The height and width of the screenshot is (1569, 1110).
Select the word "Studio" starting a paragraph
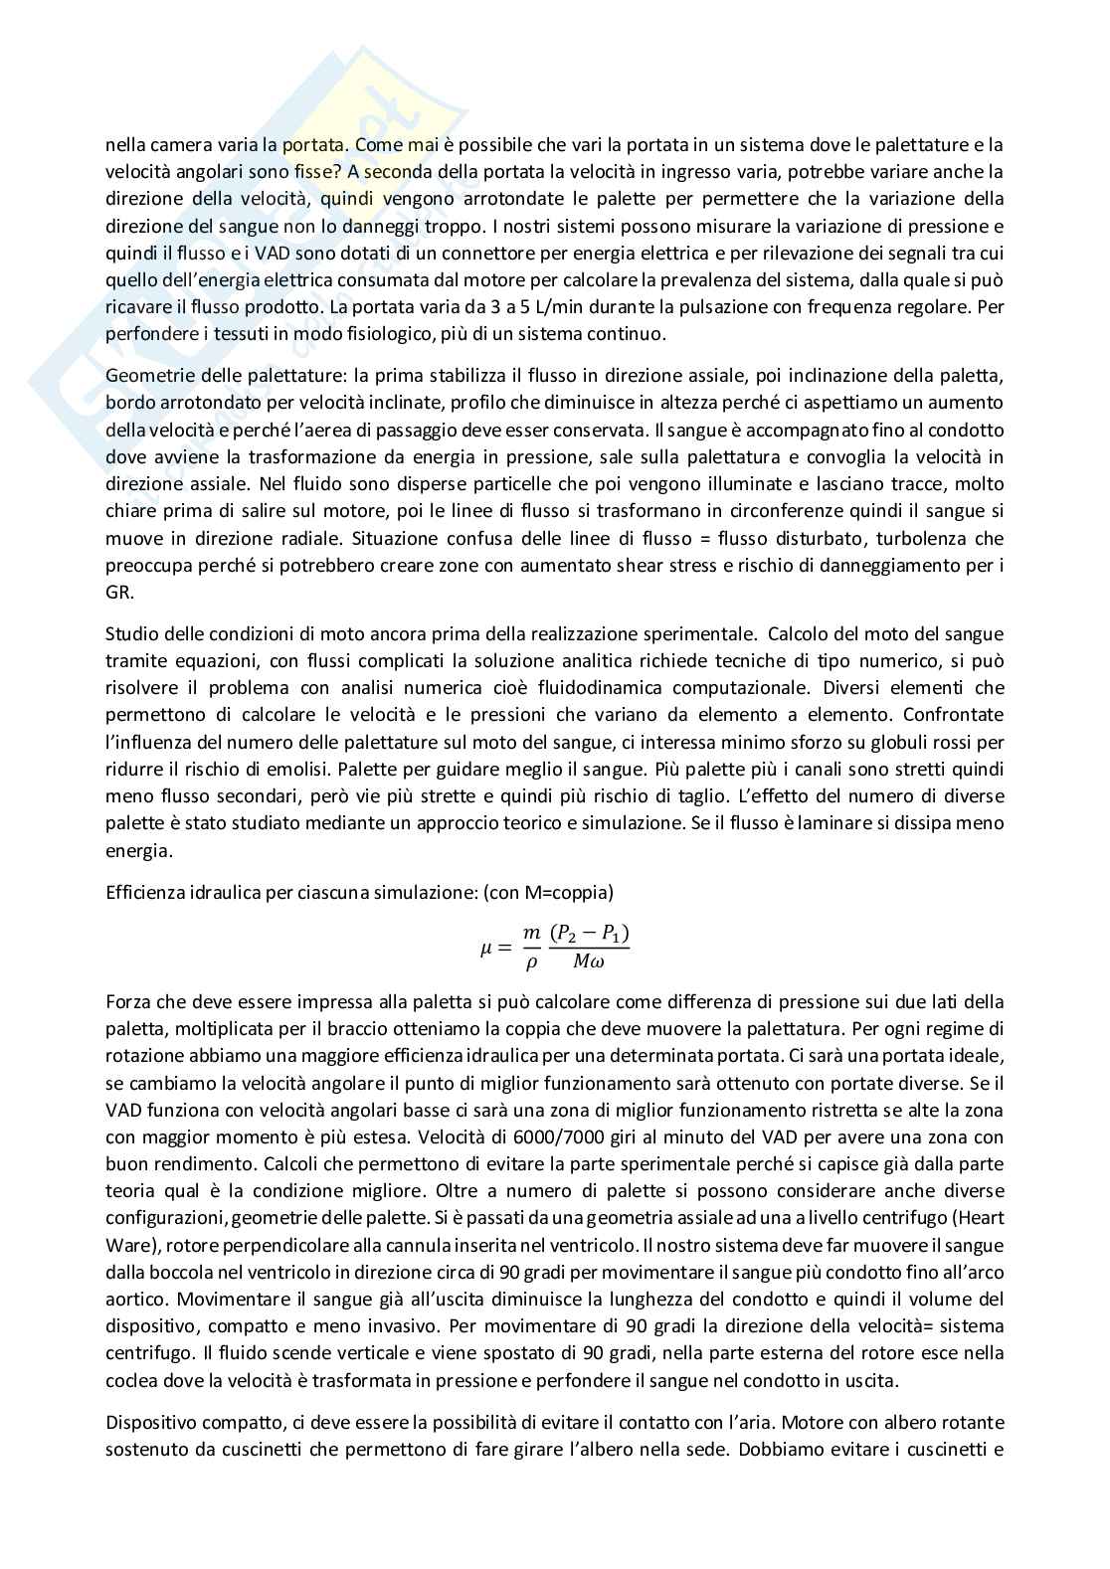[x=131, y=633]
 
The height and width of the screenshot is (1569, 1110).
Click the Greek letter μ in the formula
[x=486, y=949]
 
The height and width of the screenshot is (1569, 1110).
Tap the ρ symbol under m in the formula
[x=531, y=962]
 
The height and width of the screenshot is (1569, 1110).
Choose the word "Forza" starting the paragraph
[x=127, y=1001]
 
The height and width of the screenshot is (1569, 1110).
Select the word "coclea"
[x=129, y=1379]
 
